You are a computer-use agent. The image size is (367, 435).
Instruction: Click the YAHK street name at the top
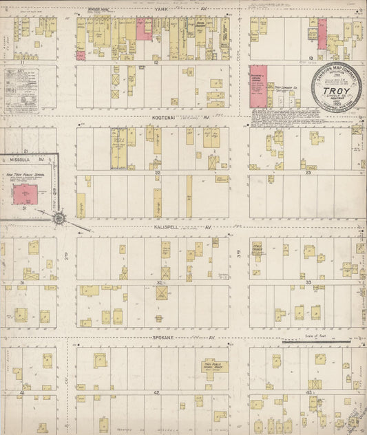click(x=160, y=10)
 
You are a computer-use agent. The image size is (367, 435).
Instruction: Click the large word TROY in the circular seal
click(x=337, y=90)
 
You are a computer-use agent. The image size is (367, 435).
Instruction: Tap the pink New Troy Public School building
click(x=27, y=195)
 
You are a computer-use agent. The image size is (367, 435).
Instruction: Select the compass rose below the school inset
click(x=59, y=219)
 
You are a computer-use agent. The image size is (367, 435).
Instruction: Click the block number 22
click(x=158, y=173)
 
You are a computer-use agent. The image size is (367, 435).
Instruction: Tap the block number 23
click(x=308, y=173)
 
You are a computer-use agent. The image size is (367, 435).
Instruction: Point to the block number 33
click(x=308, y=282)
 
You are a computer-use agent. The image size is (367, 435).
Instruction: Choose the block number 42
click(x=157, y=392)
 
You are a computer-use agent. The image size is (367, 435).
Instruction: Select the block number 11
click(x=22, y=62)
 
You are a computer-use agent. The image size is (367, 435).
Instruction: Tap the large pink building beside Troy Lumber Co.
click(x=258, y=87)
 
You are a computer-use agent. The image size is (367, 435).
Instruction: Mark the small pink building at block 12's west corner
click(x=81, y=56)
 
